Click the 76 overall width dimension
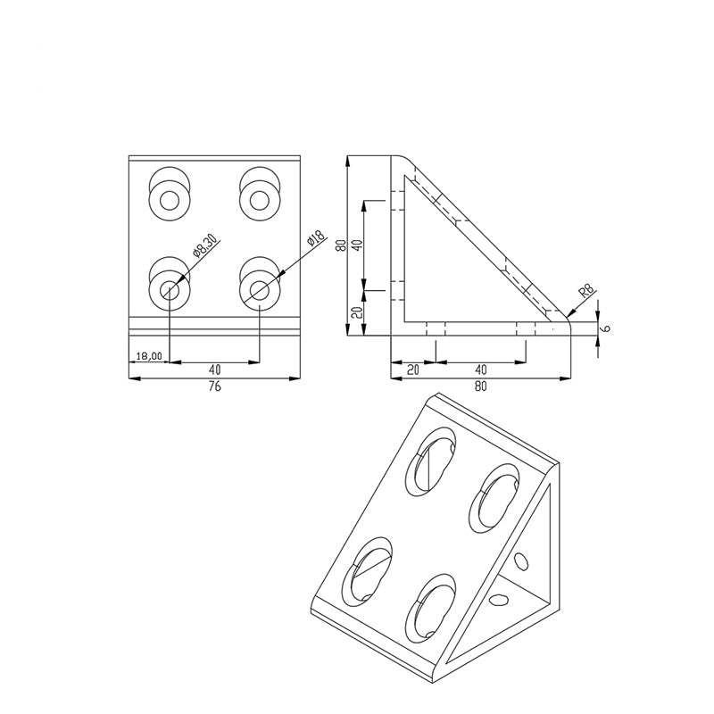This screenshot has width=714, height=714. tap(214, 386)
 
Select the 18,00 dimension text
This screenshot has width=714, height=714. tap(148, 356)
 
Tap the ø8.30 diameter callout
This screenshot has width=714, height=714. tap(204, 247)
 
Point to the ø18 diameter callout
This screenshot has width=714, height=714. tap(313, 239)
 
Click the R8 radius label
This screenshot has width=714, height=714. tap(586, 291)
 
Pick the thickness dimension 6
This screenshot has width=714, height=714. tap(606, 328)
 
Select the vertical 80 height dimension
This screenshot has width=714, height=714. tap(339, 245)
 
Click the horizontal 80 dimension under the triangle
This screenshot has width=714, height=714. tap(481, 386)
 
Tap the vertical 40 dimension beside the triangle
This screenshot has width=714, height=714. tap(355, 245)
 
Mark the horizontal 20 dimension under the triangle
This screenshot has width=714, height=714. tap(411, 369)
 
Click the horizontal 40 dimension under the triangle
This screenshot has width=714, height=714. tap(481, 369)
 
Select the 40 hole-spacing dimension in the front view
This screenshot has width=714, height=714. tap(214, 369)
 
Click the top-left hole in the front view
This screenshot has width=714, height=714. tap(170, 199)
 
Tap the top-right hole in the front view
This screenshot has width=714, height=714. tap(259, 199)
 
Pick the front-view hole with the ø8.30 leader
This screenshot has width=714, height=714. tap(170, 289)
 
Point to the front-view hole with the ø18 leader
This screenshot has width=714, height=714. tap(259, 289)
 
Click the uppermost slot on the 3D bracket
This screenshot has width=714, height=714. tap(430, 459)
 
